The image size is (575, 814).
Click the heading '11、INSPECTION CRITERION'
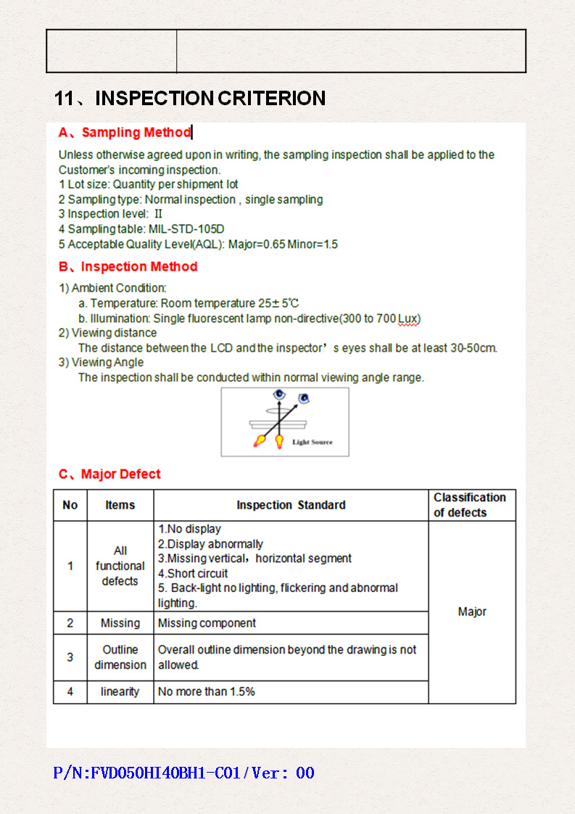[190, 99]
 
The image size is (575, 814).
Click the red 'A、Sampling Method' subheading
[124, 133]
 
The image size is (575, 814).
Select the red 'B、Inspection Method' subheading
[128, 267]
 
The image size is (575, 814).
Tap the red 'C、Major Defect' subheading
[109, 474]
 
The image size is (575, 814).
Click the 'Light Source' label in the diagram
[313, 442]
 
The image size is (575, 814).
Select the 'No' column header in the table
[70, 505]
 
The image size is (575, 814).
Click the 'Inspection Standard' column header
[291, 505]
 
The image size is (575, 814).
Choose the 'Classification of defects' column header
[470, 505]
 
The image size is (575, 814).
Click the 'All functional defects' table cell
[120, 566]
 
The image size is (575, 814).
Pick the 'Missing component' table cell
[207, 623]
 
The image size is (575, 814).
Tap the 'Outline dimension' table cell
[120, 657]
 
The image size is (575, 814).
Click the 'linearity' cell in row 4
[120, 692]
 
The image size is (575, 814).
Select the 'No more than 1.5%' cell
[207, 692]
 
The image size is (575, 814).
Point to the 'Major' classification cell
[472, 612]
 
